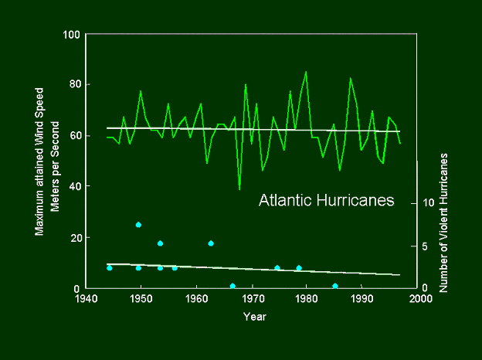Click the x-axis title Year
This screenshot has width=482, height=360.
coord(254,316)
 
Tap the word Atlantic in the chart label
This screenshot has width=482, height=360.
coord(285,201)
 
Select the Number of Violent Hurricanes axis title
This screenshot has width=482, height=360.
coord(445,222)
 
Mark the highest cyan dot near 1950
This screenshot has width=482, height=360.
coord(138,225)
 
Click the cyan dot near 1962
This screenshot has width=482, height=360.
coord(210,243)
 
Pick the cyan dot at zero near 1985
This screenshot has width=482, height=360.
coord(334,286)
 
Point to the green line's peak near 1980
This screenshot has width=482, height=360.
coord(306,72)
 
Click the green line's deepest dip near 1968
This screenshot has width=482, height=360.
coord(239,189)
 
